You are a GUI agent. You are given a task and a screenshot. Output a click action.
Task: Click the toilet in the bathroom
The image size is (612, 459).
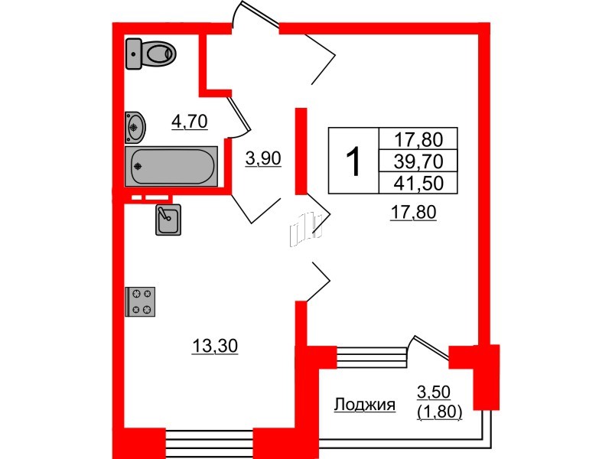[x=151, y=53]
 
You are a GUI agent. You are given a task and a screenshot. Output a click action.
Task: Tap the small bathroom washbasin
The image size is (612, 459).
[x=135, y=127]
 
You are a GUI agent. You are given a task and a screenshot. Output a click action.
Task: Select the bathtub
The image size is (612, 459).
[x=172, y=165]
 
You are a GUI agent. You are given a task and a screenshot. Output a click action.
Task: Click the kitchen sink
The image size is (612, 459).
[x=168, y=220]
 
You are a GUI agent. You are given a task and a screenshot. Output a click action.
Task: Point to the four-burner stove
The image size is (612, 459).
[x=141, y=301]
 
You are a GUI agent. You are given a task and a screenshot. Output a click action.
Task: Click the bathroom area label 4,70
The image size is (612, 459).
[x=189, y=121]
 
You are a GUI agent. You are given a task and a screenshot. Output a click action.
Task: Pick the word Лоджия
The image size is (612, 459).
[x=365, y=405]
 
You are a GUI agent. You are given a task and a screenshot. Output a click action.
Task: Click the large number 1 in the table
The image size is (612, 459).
[x=353, y=161]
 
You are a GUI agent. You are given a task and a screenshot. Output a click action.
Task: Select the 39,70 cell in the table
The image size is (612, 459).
[x=418, y=161]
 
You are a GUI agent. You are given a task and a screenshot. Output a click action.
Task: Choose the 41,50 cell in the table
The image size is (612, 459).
[x=418, y=182]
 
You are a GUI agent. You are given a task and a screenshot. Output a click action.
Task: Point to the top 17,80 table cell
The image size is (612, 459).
[x=418, y=139]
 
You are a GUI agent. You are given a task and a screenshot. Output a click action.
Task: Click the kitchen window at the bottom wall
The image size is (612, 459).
[x=209, y=441]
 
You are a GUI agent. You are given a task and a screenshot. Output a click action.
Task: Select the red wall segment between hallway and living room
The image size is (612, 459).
[x=301, y=149]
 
